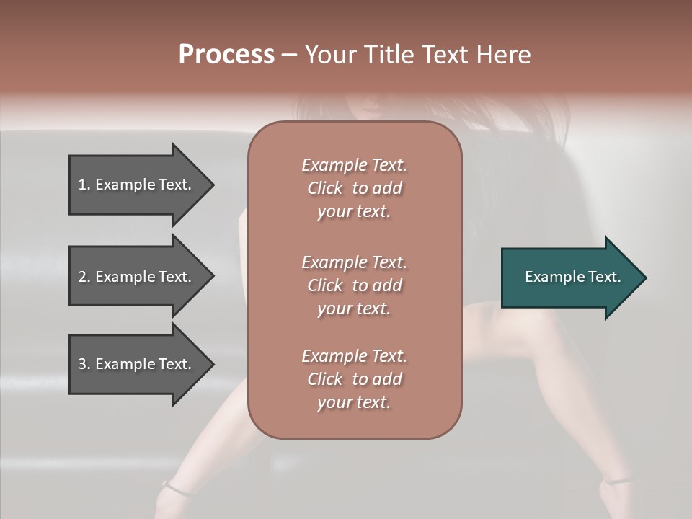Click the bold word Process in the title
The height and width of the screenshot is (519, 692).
pyautogui.click(x=226, y=54)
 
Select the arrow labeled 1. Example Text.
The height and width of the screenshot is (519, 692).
pyautogui.click(x=137, y=185)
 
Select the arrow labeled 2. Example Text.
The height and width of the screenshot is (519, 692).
pyautogui.click(x=137, y=277)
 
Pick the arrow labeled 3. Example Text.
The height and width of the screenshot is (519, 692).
pyautogui.click(x=137, y=364)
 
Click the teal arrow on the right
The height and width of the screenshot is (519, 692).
pyautogui.click(x=569, y=277)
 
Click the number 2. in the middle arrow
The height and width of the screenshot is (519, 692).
pyautogui.click(x=84, y=277)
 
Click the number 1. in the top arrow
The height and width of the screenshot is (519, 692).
pyautogui.click(x=84, y=185)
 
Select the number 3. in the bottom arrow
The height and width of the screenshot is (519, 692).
pyautogui.click(x=84, y=364)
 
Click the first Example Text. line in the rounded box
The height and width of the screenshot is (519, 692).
pyautogui.click(x=354, y=165)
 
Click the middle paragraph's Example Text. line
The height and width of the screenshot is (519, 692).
pyautogui.click(x=354, y=262)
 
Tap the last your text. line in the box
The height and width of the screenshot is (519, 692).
pyautogui.click(x=354, y=403)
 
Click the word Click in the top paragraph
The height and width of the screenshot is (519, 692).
pyautogui.click(x=325, y=188)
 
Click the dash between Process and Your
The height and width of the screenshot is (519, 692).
pyautogui.click(x=290, y=55)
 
